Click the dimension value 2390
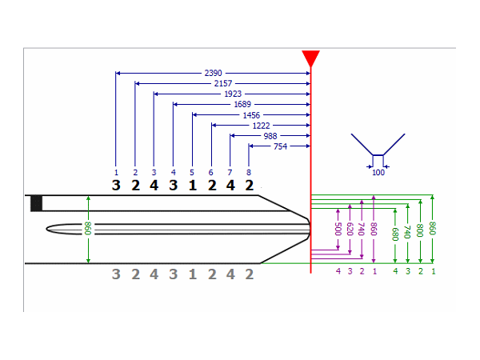point(214,73)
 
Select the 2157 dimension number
point(223,83)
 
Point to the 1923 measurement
point(233,94)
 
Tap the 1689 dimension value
point(242,104)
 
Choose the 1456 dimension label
point(251,115)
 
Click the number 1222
point(261,126)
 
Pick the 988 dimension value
point(270,136)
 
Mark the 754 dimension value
point(280,146)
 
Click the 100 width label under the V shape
point(378,172)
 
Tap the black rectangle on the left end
point(36,202)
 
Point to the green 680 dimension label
point(395,234)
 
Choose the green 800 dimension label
point(421,230)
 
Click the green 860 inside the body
point(88,229)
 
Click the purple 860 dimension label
point(374,228)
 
